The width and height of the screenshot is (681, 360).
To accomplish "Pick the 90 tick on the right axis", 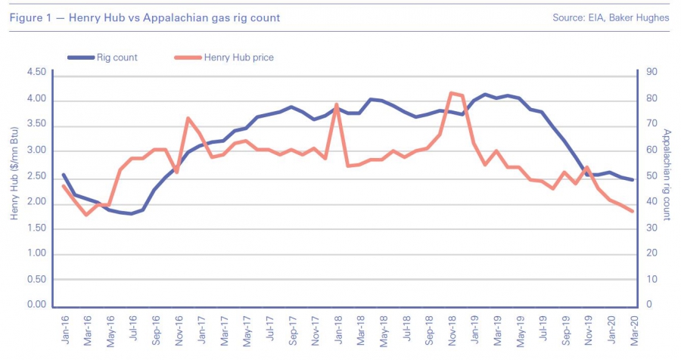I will coord(649,73).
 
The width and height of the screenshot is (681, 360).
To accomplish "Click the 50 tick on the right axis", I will coord(649,176).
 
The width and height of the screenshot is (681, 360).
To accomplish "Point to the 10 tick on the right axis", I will coord(649,279).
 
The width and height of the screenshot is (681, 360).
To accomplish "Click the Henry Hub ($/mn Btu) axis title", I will coord(14,175).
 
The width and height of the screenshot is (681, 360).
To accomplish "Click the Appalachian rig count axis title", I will coord(667,175).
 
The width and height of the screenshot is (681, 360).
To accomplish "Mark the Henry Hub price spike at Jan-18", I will coord(337,104).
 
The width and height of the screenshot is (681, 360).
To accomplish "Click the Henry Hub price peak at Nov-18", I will coord(451,93).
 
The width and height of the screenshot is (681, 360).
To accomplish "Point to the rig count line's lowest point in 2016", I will coord(132,213).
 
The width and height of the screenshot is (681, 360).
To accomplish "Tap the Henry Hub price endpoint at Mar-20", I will coord(633,211).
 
